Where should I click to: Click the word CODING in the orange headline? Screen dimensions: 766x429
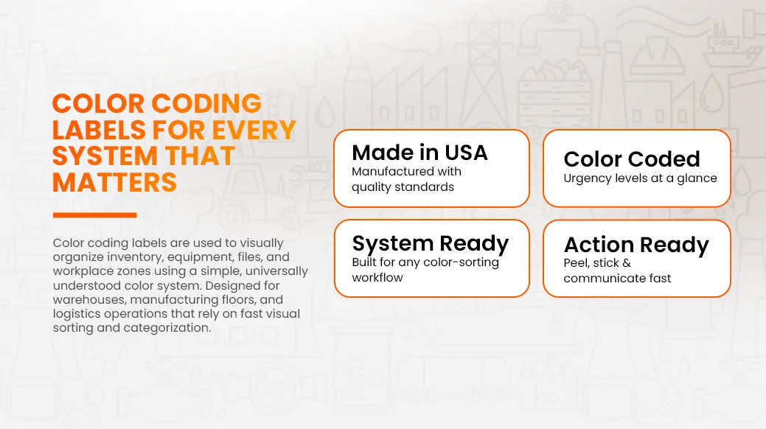206,104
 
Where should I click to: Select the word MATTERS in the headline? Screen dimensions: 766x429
114,183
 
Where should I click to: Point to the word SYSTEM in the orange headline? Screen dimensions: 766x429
105,156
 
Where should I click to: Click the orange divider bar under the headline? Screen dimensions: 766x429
95,215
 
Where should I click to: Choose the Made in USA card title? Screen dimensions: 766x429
419,153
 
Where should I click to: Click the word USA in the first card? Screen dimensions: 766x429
466,153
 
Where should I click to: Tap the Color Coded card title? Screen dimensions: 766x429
632,158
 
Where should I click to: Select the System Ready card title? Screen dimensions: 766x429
431,244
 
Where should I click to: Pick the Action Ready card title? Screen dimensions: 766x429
636,245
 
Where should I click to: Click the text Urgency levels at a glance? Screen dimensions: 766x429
640,178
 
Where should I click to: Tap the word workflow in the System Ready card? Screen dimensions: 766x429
377,278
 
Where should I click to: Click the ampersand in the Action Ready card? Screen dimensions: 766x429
627,263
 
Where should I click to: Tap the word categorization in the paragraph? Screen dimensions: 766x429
167,328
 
